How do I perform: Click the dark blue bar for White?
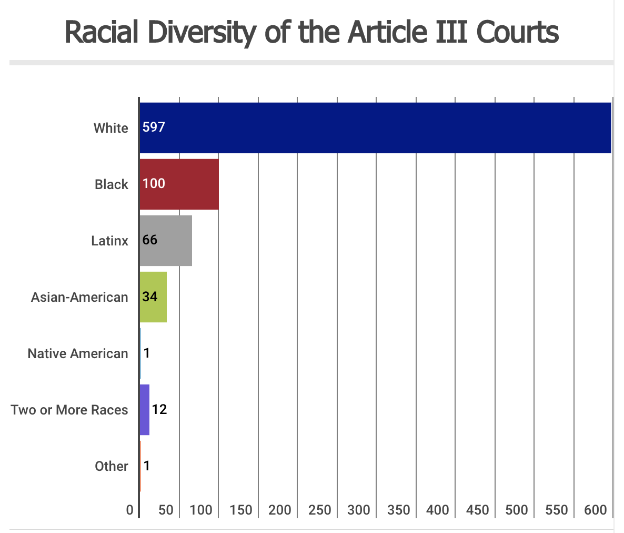click(375, 128)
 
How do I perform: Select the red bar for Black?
click(179, 184)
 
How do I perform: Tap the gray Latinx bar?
click(166, 241)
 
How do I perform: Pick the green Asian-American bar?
click(153, 297)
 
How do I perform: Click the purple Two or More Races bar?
click(145, 410)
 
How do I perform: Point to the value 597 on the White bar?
click(154, 127)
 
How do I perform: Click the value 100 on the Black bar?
click(154, 183)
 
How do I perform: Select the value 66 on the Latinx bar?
click(150, 240)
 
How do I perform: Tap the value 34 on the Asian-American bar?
click(150, 297)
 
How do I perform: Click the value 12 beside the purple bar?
click(159, 409)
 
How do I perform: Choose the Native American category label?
click(78, 353)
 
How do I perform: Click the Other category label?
click(112, 466)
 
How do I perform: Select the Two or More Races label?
click(69, 410)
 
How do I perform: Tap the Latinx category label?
click(109, 241)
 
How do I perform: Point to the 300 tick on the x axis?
click(359, 510)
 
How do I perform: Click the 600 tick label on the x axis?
click(596, 510)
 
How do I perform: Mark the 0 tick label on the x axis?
click(130, 510)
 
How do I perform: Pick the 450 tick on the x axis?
click(477, 510)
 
